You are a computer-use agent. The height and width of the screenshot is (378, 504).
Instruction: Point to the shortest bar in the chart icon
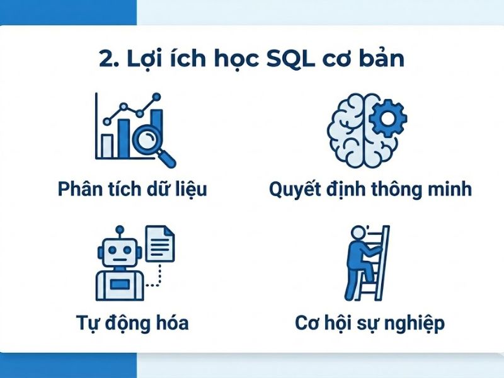click(108, 146)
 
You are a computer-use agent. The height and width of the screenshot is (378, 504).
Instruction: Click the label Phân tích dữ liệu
click(132, 189)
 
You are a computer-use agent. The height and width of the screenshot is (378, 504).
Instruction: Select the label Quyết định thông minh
click(370, 189)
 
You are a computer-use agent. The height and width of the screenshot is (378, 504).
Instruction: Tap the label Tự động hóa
click(131, 324)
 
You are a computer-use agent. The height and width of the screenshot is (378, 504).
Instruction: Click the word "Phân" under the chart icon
click(80, 188)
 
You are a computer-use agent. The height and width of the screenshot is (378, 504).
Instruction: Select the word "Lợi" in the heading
click(150, 59)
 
